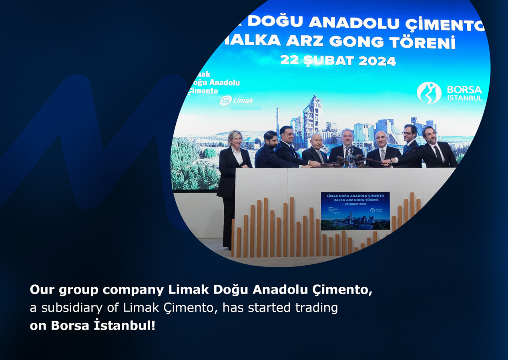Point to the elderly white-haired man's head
pos(316,141)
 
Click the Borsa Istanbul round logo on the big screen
pos(429,92)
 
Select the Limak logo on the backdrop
pos(237,100)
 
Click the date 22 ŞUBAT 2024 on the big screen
pos(338,60)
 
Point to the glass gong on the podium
pos(351,158)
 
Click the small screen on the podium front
pos(355,211)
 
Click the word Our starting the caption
pos(42,290)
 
